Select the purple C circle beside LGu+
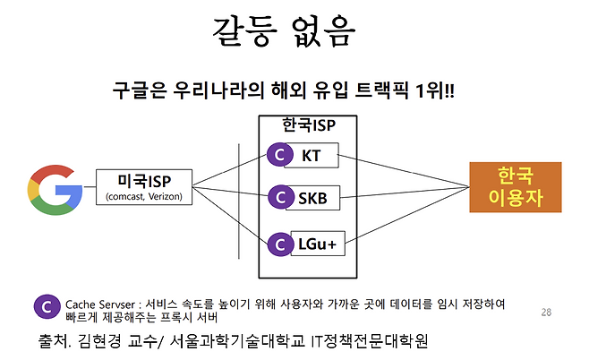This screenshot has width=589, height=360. pyautogui.click(x=280, y=241)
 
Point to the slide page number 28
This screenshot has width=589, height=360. pyautogui.click(x=547, y=313)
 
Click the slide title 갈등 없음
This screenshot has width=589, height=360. pyautogui.click(x=284, y=33)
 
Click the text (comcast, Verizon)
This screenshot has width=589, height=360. pyautogui.click(x=143, y=196)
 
